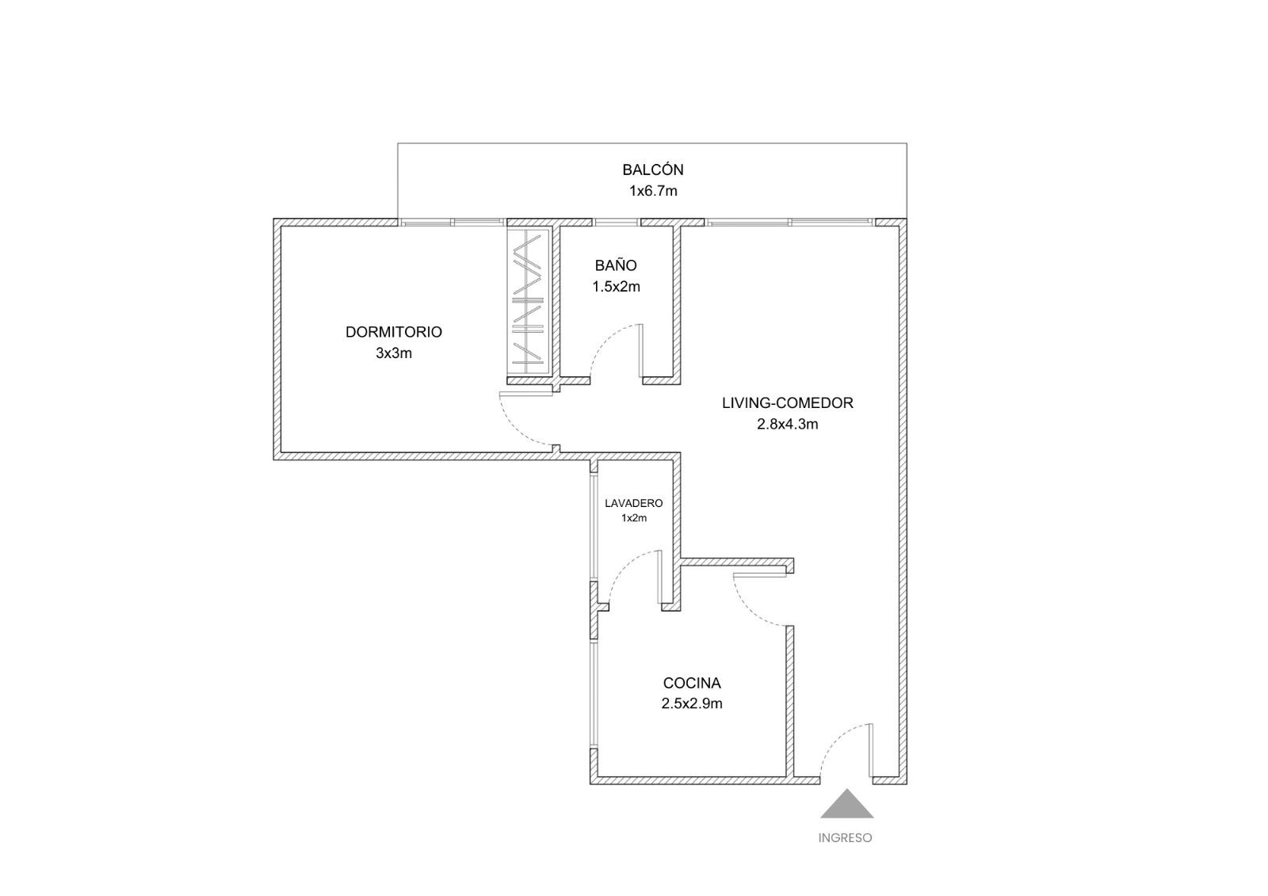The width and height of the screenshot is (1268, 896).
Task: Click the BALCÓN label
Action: pyautogui.click(x=653, y=170)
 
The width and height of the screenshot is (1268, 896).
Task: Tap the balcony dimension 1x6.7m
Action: pyautogui.click(x=653, y=191)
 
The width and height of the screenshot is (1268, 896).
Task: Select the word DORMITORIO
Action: pyautogui.click(x=393, y=332)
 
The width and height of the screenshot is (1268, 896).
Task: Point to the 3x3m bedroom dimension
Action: pyautogui.click(x=393, y=353)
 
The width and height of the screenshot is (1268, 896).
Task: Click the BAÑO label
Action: pyautogui.click(x=615, y=265)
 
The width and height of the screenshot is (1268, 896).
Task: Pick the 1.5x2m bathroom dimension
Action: pyautogui.click(x=616, y=287)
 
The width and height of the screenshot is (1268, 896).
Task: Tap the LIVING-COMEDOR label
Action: pyautogui.click(x=788, y=403)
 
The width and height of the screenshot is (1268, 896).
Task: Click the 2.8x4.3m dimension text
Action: pyautogui.click(x=788, y=424)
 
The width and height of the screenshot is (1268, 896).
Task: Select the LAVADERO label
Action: pyautogui.click(x=633, y=503)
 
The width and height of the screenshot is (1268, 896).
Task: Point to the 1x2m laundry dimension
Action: pyautogui.click(x=633, y=518)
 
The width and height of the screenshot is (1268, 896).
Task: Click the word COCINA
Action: pyautogui.click(x=692, y=683)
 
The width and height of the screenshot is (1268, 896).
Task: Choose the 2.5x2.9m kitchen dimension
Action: pyautogui.click(x=692, y=703)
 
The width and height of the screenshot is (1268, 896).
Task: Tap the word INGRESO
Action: pyautogui.click(x=845, y=837)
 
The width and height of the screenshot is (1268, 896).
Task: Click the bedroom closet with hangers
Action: pyautogui.click(x=528, y=301)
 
